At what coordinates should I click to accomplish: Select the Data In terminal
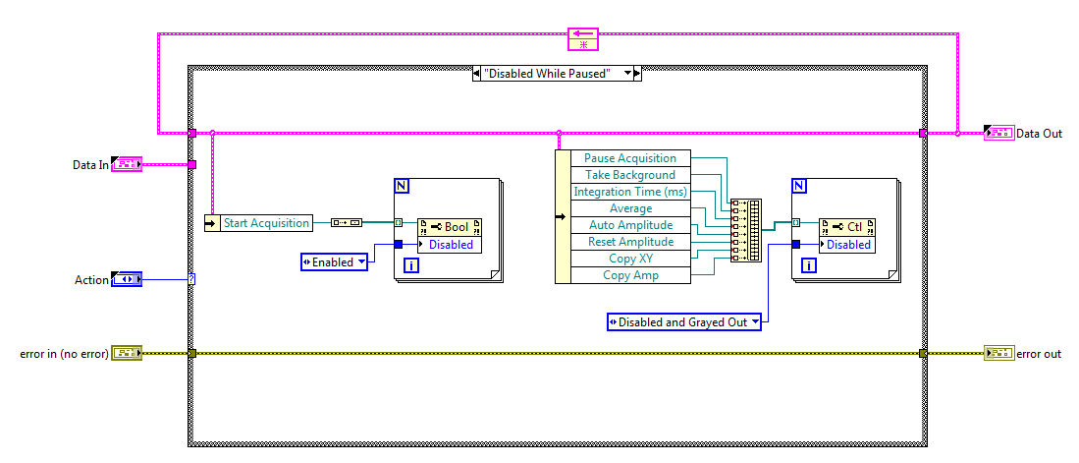[127, 165]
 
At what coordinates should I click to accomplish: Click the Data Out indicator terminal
[998, 134]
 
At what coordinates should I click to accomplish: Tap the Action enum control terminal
[127, 280]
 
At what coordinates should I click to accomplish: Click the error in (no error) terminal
[127, 353]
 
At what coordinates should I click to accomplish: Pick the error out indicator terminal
[998, 353]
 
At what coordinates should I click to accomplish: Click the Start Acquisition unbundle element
[266, 223]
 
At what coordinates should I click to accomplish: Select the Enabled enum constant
[334, 261]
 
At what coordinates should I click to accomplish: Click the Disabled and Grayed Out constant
[683, 321]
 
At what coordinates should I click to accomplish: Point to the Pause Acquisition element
[630, 158]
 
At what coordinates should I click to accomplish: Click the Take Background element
[630, 175]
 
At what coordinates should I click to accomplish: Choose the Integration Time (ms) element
[630, 192]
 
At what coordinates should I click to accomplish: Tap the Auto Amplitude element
[630, 225]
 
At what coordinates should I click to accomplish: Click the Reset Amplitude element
[630, 242]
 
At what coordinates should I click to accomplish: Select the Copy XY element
[630, 259]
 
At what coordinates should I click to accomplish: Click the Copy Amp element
[630, 275]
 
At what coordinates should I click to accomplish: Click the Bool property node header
[450, 227]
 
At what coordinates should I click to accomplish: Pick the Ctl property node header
[847, 227]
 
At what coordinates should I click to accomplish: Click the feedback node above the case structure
[582, 39]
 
